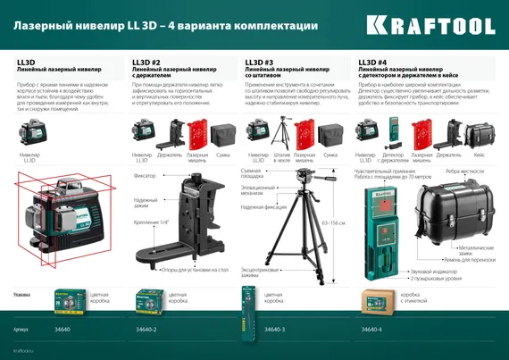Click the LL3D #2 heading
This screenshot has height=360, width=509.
(146, 62)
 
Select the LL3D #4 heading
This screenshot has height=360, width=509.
(372, 62)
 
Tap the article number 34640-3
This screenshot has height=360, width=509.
(274, 330)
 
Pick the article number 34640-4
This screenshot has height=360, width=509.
(373, 330)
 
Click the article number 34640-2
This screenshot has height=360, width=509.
(146, 330)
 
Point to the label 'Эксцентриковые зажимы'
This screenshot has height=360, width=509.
(260, 269)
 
